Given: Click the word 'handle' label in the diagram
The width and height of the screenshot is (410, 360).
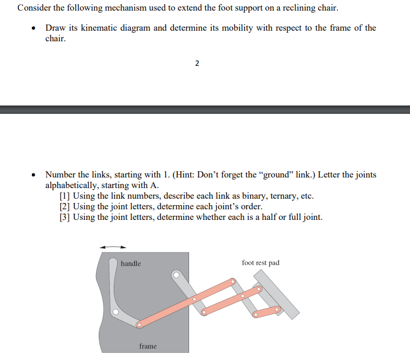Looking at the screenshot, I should (x=131, y=263).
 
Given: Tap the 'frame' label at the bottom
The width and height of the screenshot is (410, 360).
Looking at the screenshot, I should (x=148, y=346).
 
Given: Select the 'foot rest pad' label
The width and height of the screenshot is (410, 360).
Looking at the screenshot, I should (x=261, y=262).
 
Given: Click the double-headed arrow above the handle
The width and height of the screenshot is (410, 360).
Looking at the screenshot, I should (x=113, y=247).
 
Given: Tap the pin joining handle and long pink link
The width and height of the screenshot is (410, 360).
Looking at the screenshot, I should (x=139, y=324).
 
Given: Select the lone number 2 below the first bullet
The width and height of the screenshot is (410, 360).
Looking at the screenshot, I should (x=197, y=63).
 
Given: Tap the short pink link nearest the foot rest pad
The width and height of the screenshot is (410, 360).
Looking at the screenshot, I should (x=267, y=311).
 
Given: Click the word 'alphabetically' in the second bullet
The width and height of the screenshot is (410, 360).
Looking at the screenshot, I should (x=71, y=185).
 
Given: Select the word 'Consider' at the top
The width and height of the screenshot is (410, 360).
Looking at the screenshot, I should (x=33, y=8).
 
